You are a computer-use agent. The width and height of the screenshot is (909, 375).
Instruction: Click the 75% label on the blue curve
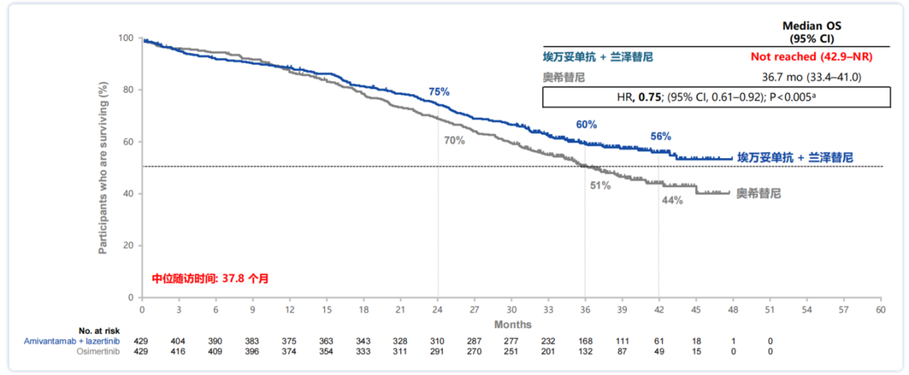438,92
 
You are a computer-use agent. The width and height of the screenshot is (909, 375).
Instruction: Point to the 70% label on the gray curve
454,141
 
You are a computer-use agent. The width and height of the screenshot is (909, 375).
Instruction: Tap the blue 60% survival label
586,124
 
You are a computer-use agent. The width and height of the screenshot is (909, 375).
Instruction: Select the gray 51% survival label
600,185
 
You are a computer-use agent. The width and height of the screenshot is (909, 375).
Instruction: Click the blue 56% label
661,136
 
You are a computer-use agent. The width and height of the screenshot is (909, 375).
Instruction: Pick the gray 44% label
672,200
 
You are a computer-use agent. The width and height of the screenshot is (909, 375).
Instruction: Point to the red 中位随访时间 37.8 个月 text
210,278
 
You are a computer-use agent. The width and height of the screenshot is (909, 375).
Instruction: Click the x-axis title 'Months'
513,325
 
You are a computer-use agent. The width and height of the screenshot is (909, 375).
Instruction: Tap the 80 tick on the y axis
128,90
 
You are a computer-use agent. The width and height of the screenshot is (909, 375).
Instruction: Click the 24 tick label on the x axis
438,309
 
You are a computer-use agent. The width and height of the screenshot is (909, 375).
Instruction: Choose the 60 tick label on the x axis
880,309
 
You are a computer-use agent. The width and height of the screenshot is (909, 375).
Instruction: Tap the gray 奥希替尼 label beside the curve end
758,193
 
